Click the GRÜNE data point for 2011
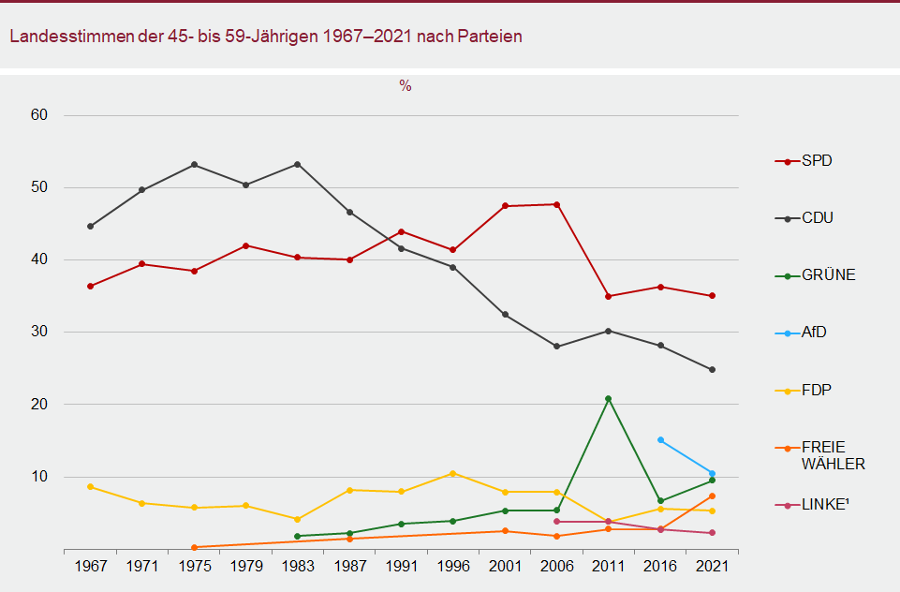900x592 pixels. [609, 399]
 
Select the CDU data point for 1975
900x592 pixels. [194, 165]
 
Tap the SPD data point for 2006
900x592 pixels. [557, 204]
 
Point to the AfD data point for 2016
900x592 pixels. [660, 440]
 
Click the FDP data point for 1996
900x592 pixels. [453, 474]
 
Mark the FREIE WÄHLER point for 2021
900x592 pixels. [712, 496]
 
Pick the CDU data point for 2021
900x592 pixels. [712, 370]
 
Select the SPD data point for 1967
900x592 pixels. [91, 287]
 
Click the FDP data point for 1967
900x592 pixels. [91, 487]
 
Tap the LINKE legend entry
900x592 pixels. [824, 505]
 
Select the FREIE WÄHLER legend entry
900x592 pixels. [832, 455]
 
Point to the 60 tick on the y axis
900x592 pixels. [38, 115]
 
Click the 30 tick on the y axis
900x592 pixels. [38, 333]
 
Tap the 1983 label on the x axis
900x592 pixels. [298, 567]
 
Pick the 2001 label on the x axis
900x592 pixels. [505, 567]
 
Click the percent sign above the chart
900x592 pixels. [406, 86]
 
